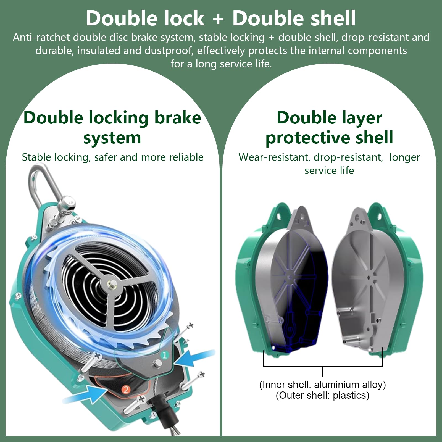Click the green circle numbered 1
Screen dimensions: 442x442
pyautogui.click(x=165, y=355)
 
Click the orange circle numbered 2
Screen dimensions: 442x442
pyautogui.click(x=126, y=390)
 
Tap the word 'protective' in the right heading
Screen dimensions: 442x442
pyautogui.click(x=308, y=138)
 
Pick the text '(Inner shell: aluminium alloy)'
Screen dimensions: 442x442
pyautogui.click(x=323, y=384)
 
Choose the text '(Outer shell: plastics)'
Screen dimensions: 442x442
pyautogui.click(x=323, y=395)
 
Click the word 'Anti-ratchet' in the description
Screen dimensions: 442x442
pyautogui.click(x=41, y=37)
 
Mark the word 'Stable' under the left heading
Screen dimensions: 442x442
pyautogui.click(x=36, y=157)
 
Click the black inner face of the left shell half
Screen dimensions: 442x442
pyautogui.click(x=301, y=296)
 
